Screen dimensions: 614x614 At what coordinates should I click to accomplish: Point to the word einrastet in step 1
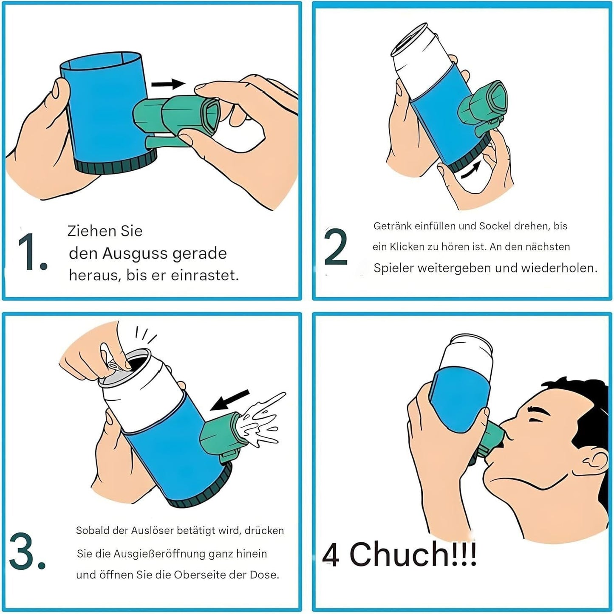204,275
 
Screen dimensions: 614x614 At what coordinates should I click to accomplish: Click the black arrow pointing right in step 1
168,84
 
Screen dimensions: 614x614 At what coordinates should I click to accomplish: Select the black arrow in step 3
229,400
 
